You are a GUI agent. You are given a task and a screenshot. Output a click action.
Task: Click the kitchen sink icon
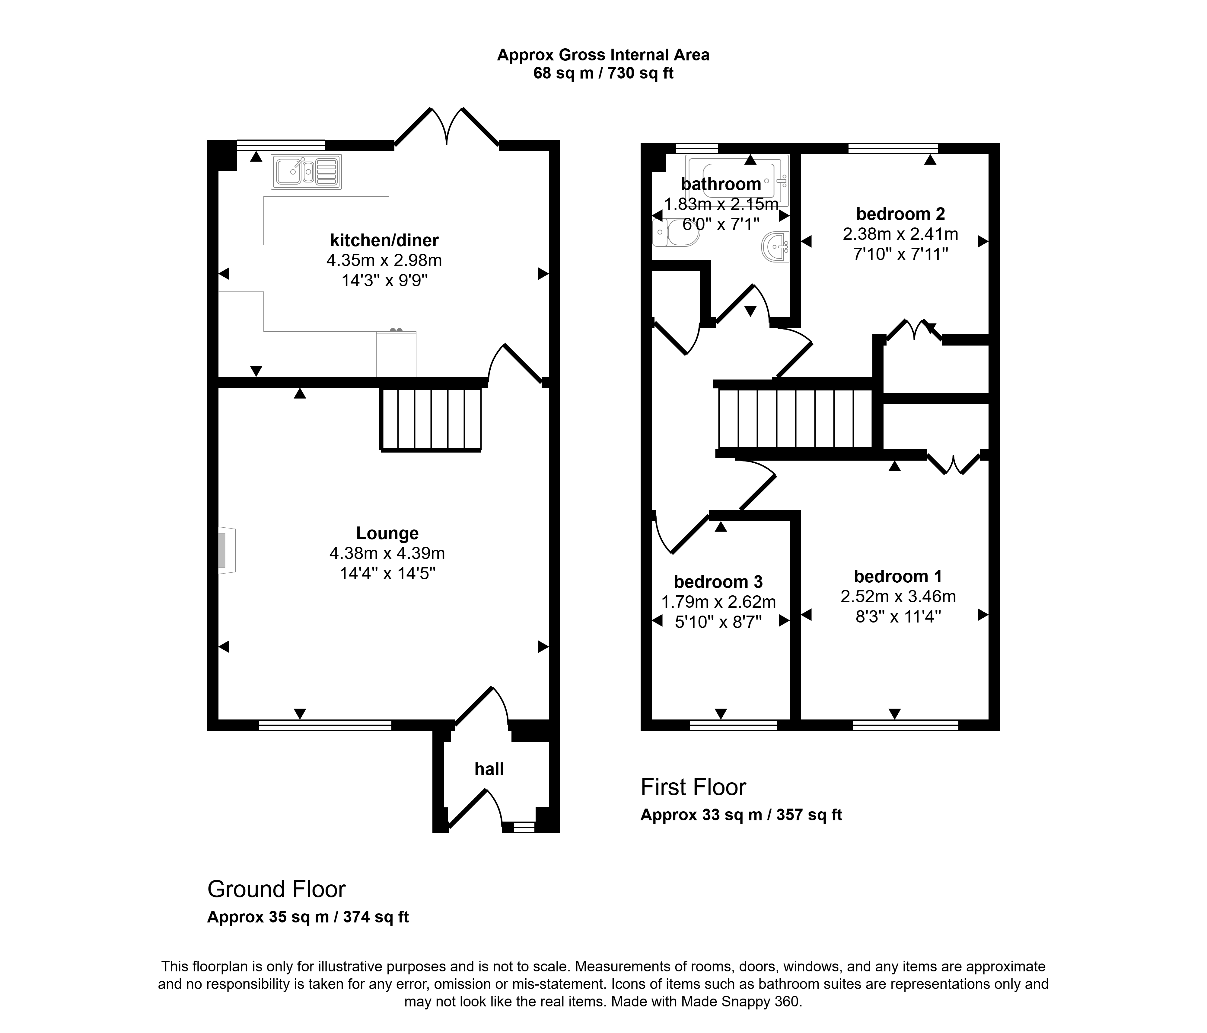pyautogui.click(x=306, y=172)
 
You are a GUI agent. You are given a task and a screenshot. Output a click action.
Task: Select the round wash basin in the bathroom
pyautogui.click(x=775, y=247)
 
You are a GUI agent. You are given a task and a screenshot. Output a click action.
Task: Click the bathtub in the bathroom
pyautogui.click(x=737, y=181)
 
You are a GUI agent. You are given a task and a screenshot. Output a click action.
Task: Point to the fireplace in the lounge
pyautogui.click(x=227, y=551)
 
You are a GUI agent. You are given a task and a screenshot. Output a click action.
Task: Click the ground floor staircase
pyautogui.click(x=431, y=419)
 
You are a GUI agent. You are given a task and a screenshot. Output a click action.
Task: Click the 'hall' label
pyautogui.click(x=489, y=770)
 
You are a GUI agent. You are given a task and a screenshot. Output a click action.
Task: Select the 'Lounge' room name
pyautogui.click(x=387, y=533)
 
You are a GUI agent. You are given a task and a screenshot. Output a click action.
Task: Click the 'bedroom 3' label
pyautogui.click(x=718, y=582)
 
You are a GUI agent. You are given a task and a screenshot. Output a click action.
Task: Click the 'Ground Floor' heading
pyautogui.click(x=277, y=890)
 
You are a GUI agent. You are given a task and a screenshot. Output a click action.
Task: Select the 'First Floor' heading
pyautogui.click(x=693, y=787)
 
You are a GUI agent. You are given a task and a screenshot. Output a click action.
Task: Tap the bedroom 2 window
pyautogui.click(x=893, y=148)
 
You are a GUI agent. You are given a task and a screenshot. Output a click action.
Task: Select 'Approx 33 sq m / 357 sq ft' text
pyautogui.click(x=742, y=815)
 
